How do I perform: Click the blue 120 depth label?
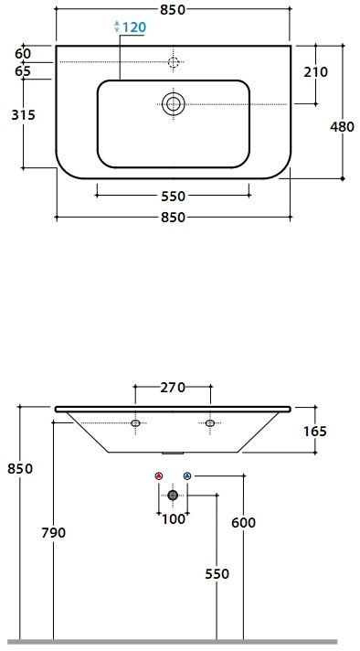click(134, 27)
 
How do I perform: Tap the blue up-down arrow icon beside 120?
click(117, 27)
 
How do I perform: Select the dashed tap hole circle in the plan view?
click(174, 62)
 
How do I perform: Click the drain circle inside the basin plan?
click(173, 104)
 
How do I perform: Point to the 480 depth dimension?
click(342, 126)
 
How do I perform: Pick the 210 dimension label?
click(315, 72)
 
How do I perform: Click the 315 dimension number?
click(23, 114)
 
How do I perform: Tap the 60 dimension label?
click(23, 54)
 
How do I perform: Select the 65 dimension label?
click(23, 71)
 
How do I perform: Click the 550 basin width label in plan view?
click(173, 196)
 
